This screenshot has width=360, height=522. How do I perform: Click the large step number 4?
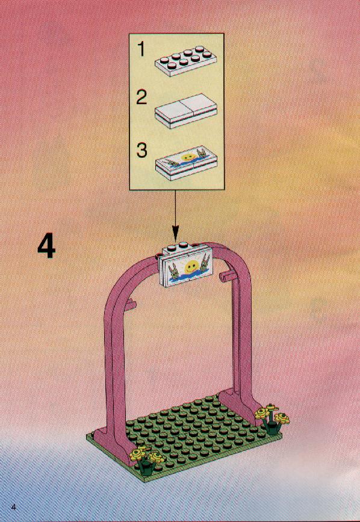click(46, 246)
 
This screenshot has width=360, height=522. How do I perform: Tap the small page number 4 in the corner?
click(14, 508)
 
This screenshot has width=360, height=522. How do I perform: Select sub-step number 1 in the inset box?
click(141, 49)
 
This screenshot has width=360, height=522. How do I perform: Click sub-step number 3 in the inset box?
click(141, 150)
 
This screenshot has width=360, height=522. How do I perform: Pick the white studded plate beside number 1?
click(184, 61)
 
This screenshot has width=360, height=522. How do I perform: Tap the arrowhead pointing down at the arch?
click(175, 234)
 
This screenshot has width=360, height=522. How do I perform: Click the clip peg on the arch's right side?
click(228, 275)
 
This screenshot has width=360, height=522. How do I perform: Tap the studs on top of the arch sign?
click(178, 246)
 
